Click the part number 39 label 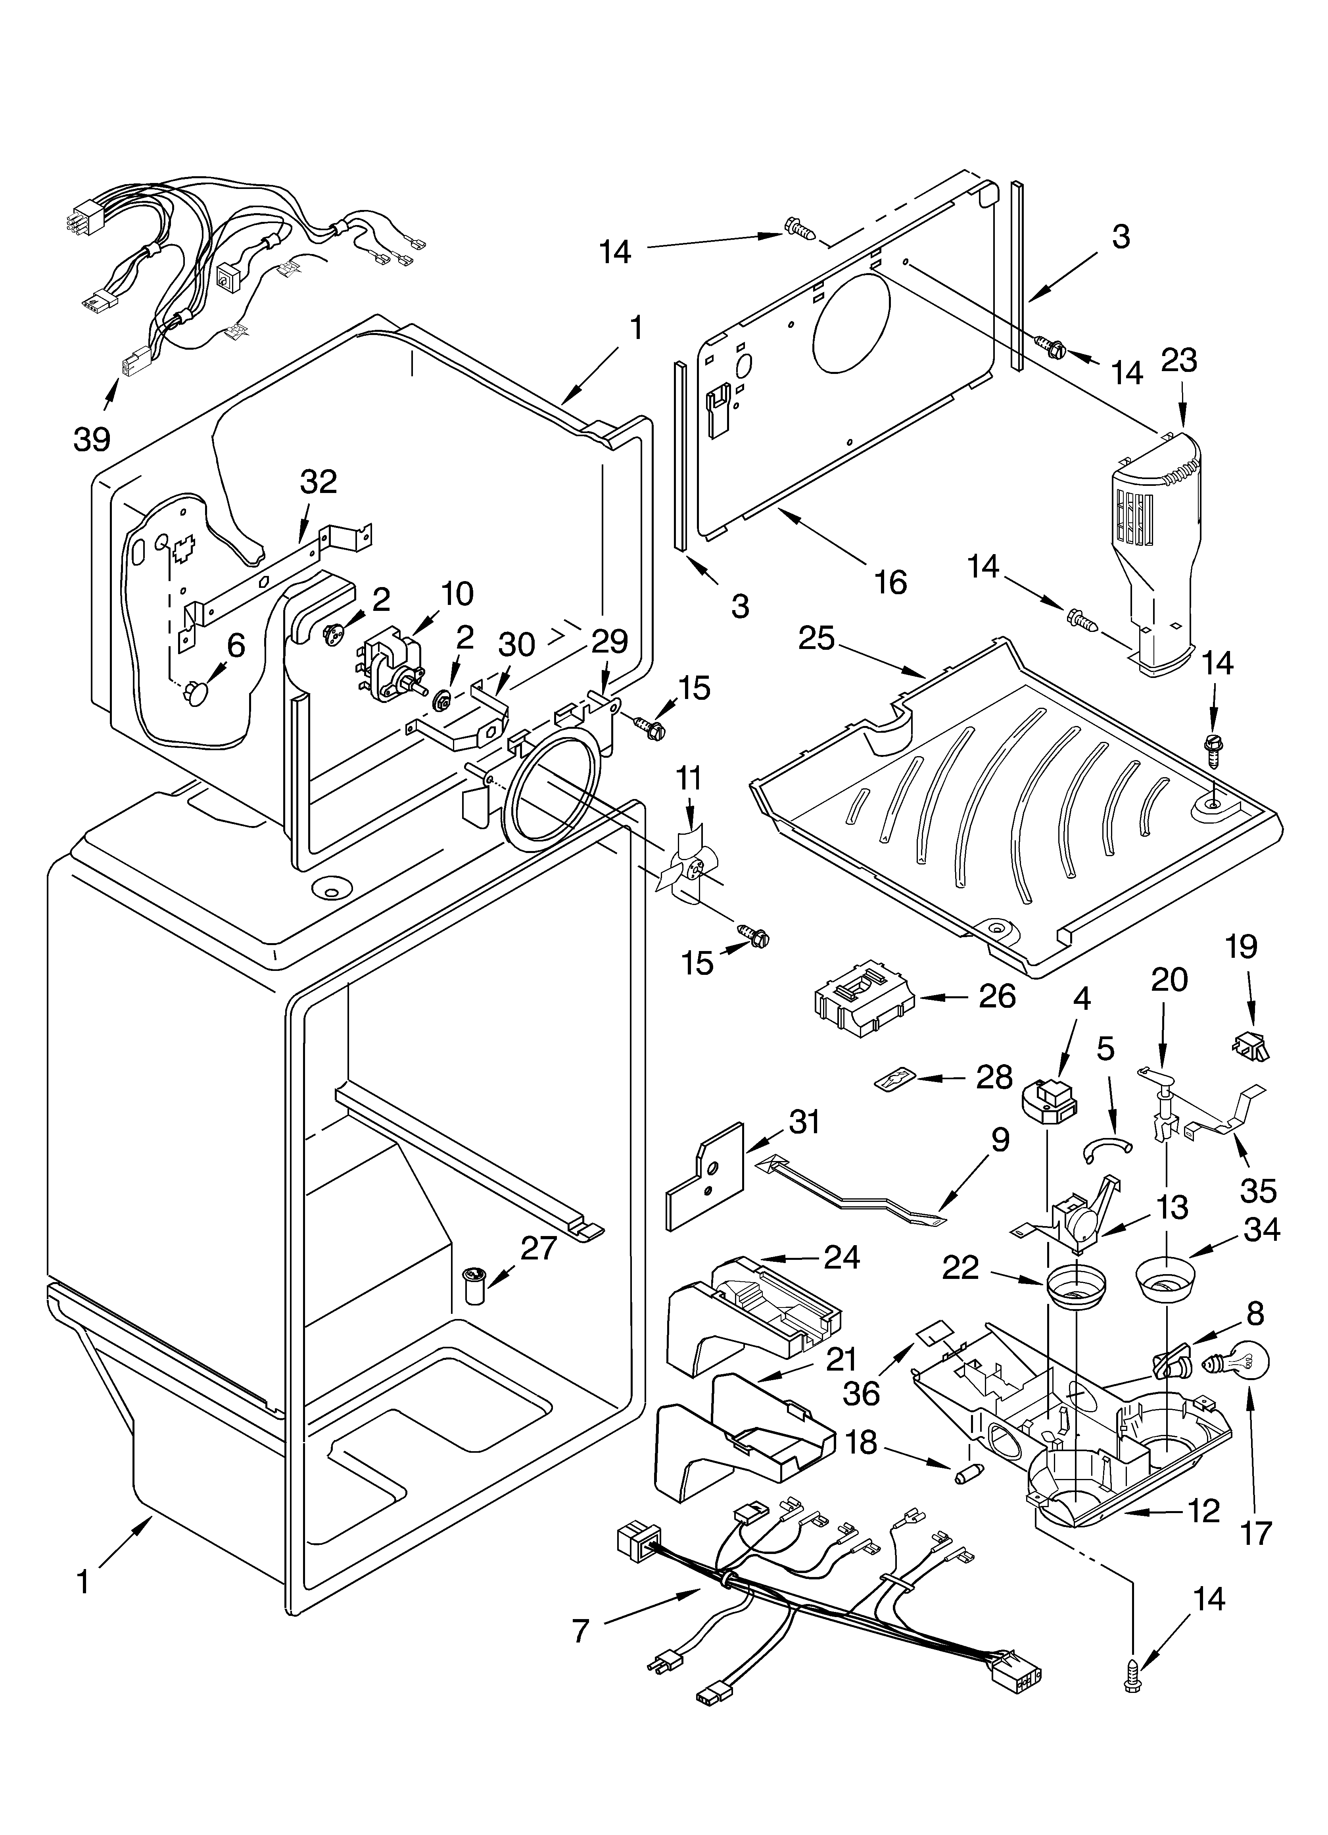91,439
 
